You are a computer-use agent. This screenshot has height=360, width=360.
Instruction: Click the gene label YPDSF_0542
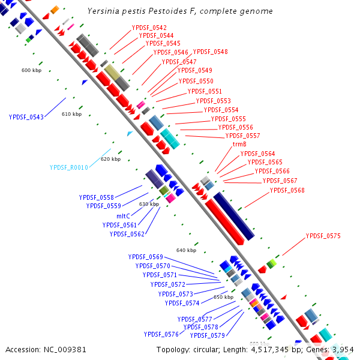tap(149, 28)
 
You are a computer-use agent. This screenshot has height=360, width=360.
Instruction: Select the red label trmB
tap(239, 145)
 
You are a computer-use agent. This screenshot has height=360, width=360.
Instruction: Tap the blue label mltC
tap(123, 215)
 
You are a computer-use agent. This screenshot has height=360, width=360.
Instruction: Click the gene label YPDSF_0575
tap(323, 236)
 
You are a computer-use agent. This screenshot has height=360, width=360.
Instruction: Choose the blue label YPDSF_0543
tap(26, 117)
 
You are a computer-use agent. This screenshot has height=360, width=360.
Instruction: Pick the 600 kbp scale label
tap(31, 70)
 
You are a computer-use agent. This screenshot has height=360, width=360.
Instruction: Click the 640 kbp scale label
tap(186, 250)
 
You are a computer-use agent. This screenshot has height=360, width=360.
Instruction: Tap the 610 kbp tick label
tap(71, 114)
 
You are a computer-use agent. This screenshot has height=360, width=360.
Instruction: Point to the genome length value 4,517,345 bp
tap(278, 349)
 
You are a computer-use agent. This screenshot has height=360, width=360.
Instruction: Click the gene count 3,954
tap(343, 349)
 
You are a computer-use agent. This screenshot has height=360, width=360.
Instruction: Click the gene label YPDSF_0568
tap(287, 190)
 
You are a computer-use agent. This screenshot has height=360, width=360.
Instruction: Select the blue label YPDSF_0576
tap(161, 334)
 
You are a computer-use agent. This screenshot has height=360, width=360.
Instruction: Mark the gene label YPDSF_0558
tap(96, 197)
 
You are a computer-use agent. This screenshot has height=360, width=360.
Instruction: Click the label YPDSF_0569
tap(145, 257)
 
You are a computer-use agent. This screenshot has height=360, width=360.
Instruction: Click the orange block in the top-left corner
tap(54, 9)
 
